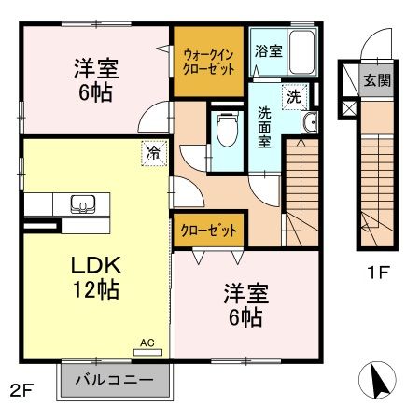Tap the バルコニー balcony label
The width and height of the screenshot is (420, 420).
click(x=119, y=382)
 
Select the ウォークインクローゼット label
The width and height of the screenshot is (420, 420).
click(x=209, y=62)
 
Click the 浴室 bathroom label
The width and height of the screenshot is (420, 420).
click(x=268, y=51)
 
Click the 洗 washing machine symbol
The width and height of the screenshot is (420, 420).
click(x=294, y=95)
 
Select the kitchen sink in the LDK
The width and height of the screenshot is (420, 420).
click(x=82, y=203)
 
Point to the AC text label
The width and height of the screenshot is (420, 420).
click(x=147, y=343)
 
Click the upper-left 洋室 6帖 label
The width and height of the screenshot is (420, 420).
click(x=94, y=80)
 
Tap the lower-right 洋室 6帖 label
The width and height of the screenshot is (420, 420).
click(x=244, y=305)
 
